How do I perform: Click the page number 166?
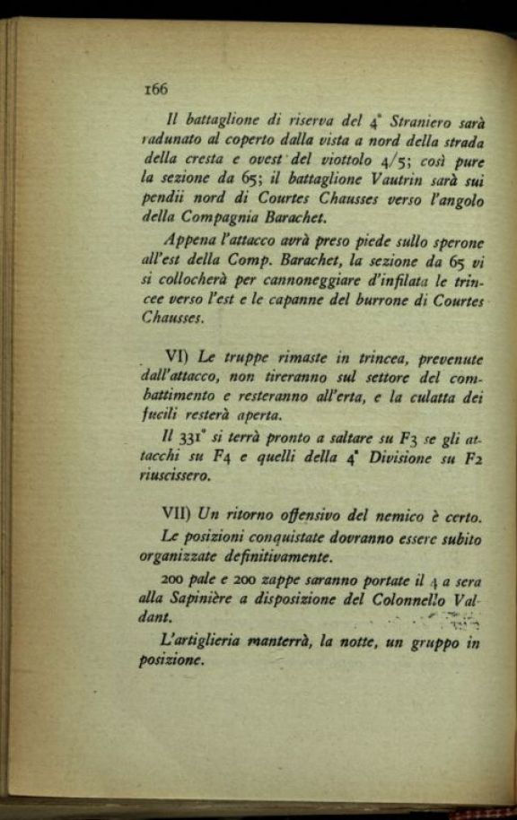[x=155, y=89]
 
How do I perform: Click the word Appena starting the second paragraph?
[x=190, y=240]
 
